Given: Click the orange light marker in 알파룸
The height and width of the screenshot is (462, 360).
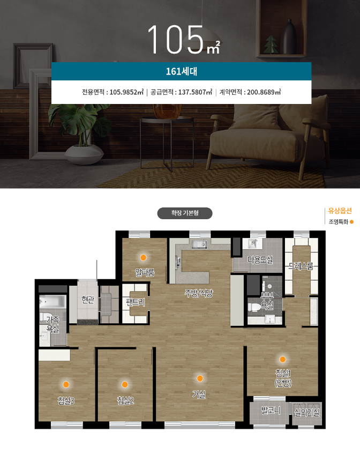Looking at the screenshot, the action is point(143,257).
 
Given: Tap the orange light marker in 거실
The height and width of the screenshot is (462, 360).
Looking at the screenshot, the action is point(200,378).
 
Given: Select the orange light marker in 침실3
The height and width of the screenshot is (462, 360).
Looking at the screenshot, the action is point(66,384).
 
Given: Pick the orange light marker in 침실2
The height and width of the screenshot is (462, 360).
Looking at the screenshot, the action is point(125,384).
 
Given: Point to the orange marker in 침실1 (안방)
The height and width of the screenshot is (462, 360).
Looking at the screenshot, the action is point(282,359).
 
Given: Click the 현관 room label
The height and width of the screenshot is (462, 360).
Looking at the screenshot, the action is point(88,300).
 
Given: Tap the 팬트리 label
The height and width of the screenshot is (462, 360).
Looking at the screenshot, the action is point(136,302).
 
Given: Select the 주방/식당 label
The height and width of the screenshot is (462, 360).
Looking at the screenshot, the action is point(199,293).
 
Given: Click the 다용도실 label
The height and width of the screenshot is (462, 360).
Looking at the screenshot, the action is point(260,259).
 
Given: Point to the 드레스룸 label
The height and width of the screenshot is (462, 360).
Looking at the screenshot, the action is point(301,266).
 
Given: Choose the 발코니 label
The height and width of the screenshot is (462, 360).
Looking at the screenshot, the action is point(271,410).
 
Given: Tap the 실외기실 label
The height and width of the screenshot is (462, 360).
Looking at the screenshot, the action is point(307,413).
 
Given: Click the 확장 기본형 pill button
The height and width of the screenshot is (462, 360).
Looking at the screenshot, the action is point(185,213).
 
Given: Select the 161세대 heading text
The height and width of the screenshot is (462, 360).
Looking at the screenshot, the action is point(182,71).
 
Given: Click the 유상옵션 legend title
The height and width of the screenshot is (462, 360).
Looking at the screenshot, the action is point(340,211).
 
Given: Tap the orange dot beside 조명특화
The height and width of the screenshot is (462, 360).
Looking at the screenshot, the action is point(351,222).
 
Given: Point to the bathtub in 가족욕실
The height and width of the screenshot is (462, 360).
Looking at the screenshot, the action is point(52,301).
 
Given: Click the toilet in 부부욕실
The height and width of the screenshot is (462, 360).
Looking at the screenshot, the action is point(254,307).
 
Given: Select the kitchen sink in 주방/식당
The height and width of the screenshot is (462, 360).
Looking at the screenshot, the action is point(199,244).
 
